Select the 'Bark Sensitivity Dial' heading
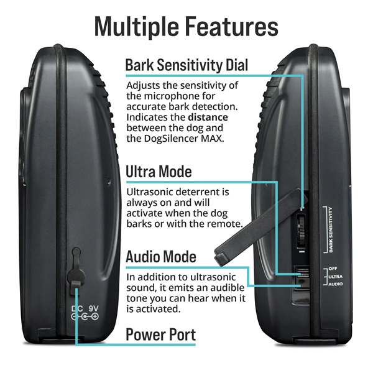pos(186,65)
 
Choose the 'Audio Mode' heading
pos(161,256)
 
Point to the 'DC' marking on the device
pos(76,308)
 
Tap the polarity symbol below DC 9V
pos(85,317)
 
